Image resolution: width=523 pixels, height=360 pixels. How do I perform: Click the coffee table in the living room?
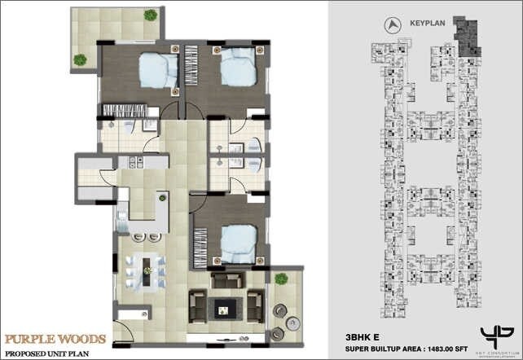pyautogui.click(x=222, y=308)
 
